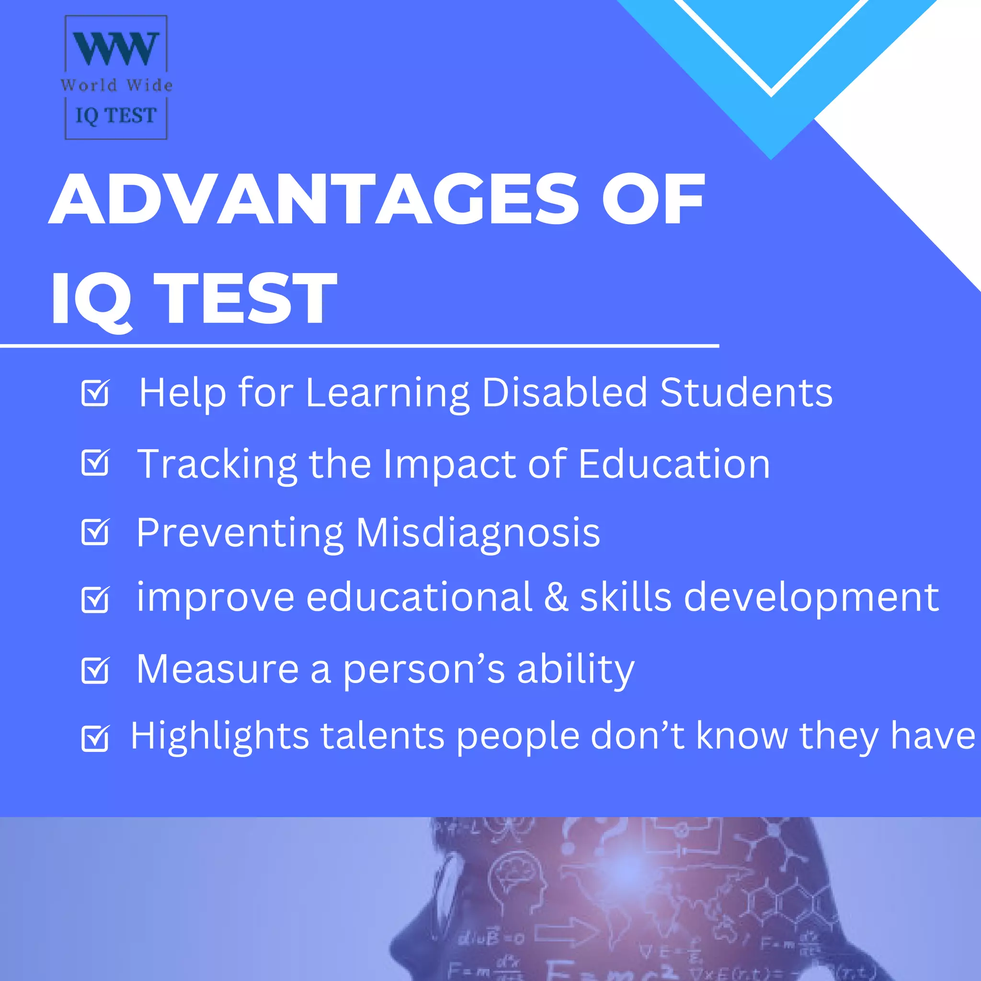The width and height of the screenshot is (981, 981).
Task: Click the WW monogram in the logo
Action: click(x=116, y=49)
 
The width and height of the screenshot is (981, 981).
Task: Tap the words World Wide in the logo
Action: click(x=117, y=85)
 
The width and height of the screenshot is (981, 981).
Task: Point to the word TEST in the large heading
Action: click(x=245, y=298)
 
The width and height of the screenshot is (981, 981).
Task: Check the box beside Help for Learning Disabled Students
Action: click(x=95, y=393)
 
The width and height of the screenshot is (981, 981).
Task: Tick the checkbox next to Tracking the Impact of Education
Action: click(x=95, y=463)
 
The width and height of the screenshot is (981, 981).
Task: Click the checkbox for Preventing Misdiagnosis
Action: click(x=95, y=532)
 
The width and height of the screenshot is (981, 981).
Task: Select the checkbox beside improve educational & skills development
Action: click(x=95, y=600)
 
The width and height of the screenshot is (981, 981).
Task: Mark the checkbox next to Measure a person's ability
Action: click(x=95, y=671)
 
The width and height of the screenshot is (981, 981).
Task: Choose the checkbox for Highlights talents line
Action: click(x=95, y=738)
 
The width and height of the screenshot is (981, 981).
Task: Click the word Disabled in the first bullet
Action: click(x=565, y=392)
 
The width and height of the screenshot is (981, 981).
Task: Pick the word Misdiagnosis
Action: click(x=478, y=533)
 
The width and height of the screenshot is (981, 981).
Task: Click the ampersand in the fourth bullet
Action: click(x=556, y=597)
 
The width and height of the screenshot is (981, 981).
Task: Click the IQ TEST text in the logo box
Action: click(x=116, y=116)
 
